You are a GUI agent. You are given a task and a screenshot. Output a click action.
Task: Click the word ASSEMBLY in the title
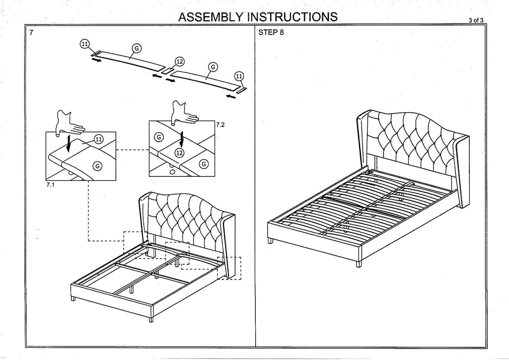click(211, 17)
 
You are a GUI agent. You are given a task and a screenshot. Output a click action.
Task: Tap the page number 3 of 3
click(476, 20)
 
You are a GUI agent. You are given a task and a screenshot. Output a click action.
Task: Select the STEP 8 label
click(271, 33)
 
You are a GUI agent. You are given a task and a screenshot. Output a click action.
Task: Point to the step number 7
click(31, 33)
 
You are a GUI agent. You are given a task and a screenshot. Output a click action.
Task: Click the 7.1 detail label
click(50, 185)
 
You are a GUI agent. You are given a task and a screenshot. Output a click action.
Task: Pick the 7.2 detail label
click(220, 125)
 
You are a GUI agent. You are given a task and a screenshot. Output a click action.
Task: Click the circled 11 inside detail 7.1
click(99, 139)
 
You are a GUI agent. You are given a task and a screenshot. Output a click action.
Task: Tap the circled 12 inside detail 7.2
click(179, 153)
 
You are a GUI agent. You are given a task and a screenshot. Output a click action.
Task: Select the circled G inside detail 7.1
click(98, 166)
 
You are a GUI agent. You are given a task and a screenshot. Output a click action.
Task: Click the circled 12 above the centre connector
click(180, 61)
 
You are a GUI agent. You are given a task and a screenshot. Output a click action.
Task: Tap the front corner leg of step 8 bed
click(358, 263)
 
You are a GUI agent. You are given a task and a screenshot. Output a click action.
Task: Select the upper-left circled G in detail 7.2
click(159, 137)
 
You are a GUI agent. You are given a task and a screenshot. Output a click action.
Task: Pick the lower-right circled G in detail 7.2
click(204, 164)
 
